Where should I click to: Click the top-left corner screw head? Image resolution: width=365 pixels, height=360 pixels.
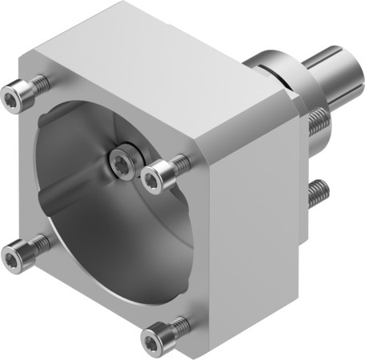14,97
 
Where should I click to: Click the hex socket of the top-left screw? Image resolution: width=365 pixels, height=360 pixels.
10,98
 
